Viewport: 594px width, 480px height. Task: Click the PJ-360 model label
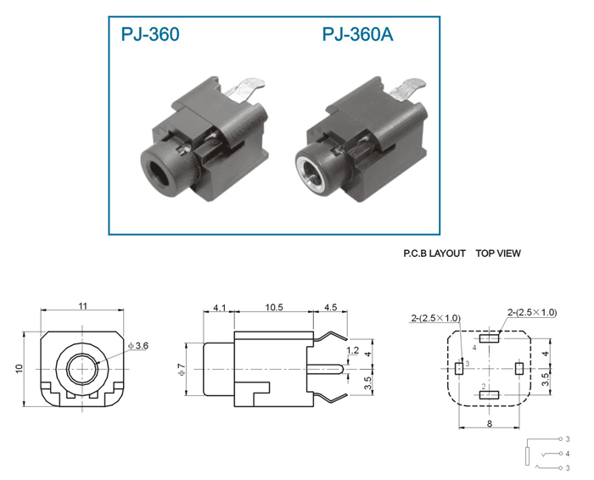[x=150, y=34]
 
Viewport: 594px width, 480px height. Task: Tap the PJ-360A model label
[x=357, y=34]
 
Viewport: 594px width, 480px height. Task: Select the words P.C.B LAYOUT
[x=434, y=254]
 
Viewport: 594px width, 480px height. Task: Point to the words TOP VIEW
[x=498, y=254]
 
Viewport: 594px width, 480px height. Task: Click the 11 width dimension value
[x=82, y=305]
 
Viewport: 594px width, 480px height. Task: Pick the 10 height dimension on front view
[x=20, y=368]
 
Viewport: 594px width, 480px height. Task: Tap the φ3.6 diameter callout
[x=138, y=346]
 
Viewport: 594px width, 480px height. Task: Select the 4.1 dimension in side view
[x=219, y=307]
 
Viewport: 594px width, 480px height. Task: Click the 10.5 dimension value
[x=273, y=307]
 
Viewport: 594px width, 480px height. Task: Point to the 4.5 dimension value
[x=330, y=307]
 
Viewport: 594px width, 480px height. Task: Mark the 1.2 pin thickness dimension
[x=353, y=350]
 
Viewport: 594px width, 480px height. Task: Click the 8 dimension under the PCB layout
[x=489, y=423]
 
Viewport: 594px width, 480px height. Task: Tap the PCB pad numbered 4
[x=489, y=338]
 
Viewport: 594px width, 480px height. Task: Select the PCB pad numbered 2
[x=489, y=395]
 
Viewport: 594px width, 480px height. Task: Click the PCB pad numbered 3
[x=459, y=368]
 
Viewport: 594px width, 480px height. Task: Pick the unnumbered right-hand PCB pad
[x=519, y=368]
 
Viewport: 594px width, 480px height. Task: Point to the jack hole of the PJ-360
[x=160, y=175]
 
